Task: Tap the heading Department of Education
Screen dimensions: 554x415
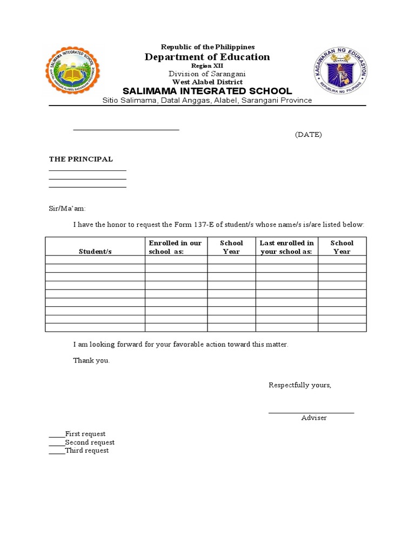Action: coord(207,57)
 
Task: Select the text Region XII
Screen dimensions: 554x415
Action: coord(207,65)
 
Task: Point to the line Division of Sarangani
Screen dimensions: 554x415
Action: coord(207,74)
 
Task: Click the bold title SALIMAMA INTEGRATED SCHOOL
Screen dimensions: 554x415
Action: coord(207,91)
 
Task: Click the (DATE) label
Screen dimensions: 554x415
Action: coord(308,135)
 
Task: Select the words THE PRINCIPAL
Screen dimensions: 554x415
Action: coord(81,159)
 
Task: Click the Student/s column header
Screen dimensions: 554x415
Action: coord(95,252)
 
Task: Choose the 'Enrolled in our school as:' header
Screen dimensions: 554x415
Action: coord(175,247)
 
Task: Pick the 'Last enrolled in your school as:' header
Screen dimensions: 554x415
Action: coord(286,247)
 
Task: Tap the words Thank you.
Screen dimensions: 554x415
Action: coord(91,360)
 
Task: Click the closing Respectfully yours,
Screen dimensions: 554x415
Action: coord(300,385)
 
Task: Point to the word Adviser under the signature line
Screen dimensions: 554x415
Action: coord(314,418)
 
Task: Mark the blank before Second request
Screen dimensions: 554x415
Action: coord(57,443)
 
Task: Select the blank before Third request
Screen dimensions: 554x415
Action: coord(57,451)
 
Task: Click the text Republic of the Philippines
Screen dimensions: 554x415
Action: coord(207,48)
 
